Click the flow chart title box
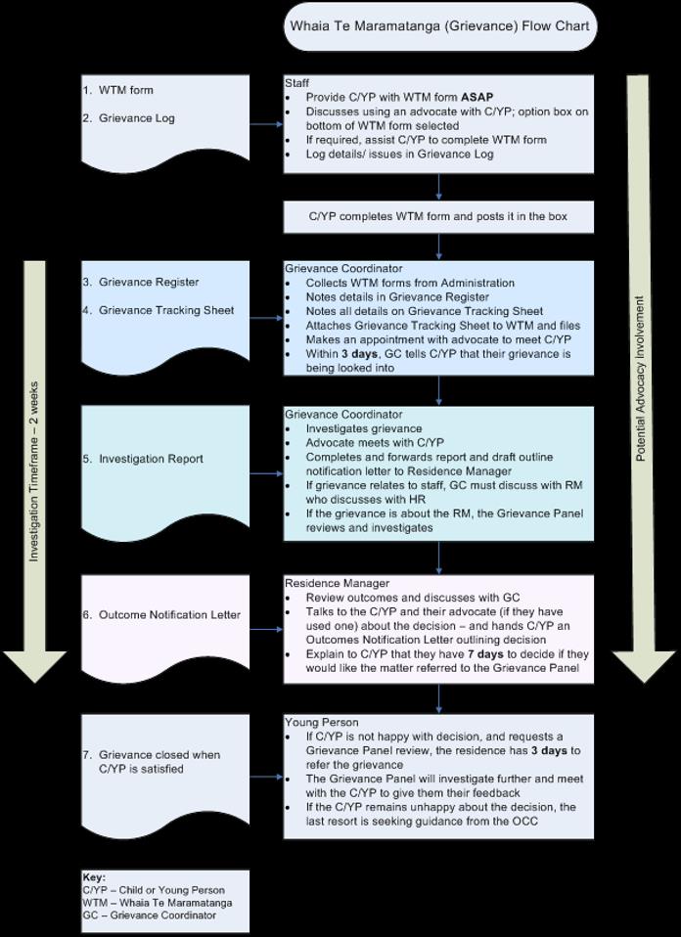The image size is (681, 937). (440, 26)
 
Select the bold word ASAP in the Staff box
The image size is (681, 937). (477, 97)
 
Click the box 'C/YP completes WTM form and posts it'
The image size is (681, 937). (438, 216)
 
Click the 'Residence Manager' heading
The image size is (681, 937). (337, 583)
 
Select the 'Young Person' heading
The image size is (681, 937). (321, 723)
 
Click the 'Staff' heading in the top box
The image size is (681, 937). (296, 83)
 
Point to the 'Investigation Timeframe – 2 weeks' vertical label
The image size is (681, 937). (34, 471)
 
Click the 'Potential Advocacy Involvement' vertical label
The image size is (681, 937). (640, 379)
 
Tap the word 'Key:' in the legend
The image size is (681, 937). (93, 877)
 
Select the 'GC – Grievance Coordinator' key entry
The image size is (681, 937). (149, 915)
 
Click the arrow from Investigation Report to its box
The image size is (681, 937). (266, 473)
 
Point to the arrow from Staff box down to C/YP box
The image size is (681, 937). (439, 187)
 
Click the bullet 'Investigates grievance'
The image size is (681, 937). (364, 429)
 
